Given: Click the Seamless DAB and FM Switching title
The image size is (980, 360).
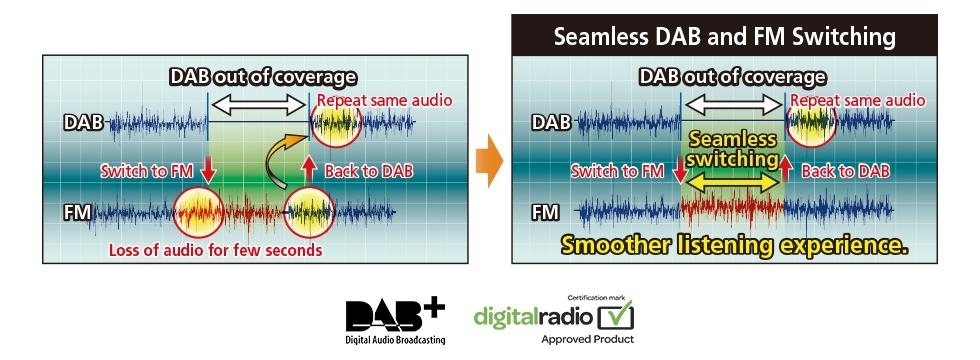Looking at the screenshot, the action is click(x=724, y=36).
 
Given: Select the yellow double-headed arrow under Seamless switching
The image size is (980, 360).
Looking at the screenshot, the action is click(x=731, y=183).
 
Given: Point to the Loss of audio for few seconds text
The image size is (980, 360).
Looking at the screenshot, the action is click(x=216, y=251).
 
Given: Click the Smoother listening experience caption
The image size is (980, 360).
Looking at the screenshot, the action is click(x=734, y=245).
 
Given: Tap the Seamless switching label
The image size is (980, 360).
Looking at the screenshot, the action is click(x=732, y=149).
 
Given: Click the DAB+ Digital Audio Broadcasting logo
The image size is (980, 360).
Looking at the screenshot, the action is click(x=395, y=321).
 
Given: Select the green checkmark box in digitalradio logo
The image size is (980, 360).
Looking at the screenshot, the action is click(x=616, y=316).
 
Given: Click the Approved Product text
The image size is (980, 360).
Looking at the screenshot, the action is click(x=587, y=339).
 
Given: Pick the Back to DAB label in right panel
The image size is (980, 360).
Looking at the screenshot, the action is click(x=846, y=171).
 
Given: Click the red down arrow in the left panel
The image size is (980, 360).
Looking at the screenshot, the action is click(x=207, y=171).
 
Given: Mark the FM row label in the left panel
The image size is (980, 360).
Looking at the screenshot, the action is click(x=78, y=213).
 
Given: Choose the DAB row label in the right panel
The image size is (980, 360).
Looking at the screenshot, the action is click(x=551, y=122).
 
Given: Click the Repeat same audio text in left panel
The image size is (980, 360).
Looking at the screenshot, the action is click(x=384, y=99).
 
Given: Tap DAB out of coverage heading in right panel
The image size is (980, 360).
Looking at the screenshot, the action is click(x=732, y=78).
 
